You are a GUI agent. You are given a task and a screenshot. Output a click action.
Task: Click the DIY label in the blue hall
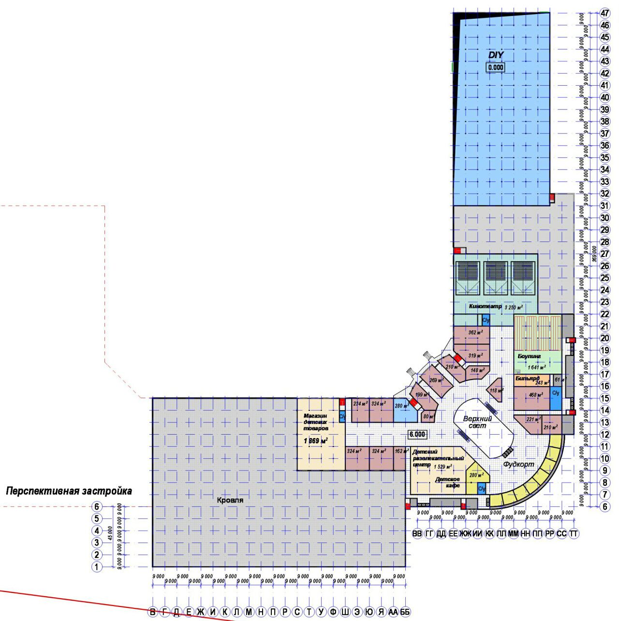tap(496, 55)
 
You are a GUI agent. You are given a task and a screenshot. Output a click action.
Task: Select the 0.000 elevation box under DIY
tap(496, 67)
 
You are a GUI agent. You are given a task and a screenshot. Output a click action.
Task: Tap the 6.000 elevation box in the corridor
tap(417, 434)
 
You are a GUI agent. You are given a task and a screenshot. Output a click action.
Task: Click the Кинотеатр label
tap(485, 306)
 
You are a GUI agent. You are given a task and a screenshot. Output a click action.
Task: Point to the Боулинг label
tap(529, 356)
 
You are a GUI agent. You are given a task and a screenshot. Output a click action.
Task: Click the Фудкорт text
tap(518, 464)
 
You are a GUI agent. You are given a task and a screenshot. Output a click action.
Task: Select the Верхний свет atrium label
tap(477, 422)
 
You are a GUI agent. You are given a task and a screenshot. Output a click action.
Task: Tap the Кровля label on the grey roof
tap(230, 500)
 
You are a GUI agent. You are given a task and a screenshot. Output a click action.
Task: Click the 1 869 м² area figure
tap(315, 441)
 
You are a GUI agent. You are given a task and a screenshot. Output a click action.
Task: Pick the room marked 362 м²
tap(475, 333)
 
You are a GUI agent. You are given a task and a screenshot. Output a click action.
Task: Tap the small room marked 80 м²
tap(428, 416)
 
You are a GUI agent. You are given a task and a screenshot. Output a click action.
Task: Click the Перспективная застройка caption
tap(69, 491)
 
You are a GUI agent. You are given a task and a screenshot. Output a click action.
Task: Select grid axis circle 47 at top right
tap(604, 13)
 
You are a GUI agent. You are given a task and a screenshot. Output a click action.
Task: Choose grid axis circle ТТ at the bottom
tap(574, 533)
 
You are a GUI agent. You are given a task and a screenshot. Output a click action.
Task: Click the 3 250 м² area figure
tap(513, 307)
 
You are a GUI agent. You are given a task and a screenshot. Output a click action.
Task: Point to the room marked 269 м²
tap(436, 380)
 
